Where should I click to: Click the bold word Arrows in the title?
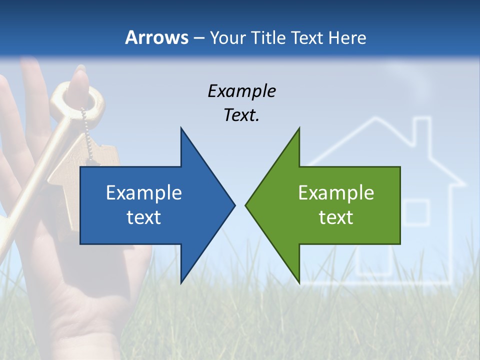coord(156,37)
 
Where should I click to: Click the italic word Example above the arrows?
coord(241,91)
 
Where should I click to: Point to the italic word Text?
coord(241,115)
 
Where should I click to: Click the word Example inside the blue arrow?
coord(144,192)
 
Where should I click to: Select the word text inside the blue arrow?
coord(144,217)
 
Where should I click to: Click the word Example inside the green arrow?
coord(336,192)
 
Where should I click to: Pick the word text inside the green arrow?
coord(336,217)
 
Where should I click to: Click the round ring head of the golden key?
coord(80,97)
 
